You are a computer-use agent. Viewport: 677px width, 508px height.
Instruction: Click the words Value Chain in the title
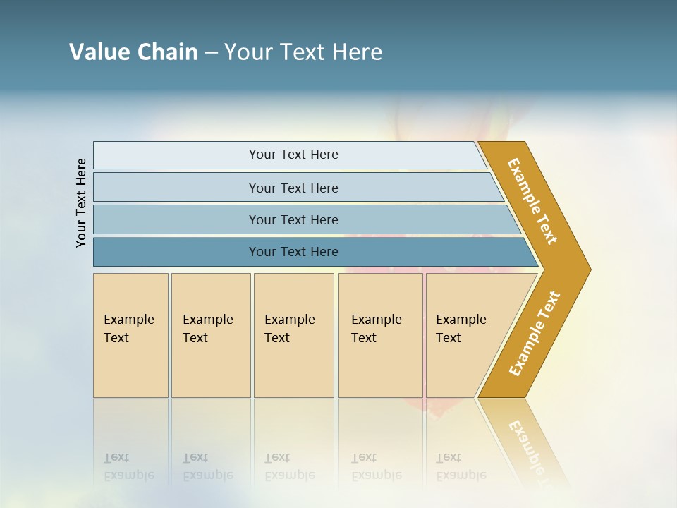click(x=133, y=52)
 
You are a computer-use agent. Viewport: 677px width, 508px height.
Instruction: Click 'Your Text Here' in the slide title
click(x=303, y=52)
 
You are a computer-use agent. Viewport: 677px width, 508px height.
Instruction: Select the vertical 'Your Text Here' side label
click(x=81, y=202)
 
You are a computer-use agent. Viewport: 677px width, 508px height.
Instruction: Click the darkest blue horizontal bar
click(x=176, y=252)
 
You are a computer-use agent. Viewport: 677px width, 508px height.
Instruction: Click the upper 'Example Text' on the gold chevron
click(x=532, y=201)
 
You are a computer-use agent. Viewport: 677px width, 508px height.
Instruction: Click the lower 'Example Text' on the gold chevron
click(x=535, y=333)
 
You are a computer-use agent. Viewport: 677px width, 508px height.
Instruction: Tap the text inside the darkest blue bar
click(x=293, y=252)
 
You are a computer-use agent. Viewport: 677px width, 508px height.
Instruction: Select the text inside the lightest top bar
click(x=293, y=155)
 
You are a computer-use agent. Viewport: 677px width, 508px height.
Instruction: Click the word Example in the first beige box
click(x=128, y=320)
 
